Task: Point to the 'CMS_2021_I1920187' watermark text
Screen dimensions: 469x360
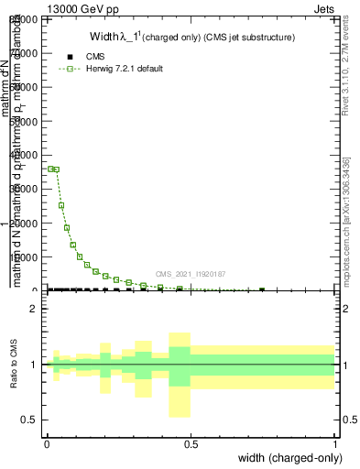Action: coord(190,274)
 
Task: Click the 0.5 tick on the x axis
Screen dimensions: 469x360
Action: coord(191,444)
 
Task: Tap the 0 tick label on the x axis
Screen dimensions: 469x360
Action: coord(47,444)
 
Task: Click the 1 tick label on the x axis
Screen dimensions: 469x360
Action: coord(335,444)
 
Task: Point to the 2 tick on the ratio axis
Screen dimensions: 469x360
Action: coord(35,309)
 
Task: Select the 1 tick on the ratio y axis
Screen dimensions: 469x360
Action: coord(35,365)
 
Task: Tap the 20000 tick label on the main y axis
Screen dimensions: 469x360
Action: coord(26,223)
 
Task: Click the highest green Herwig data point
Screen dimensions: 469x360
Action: coord(50,169)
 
